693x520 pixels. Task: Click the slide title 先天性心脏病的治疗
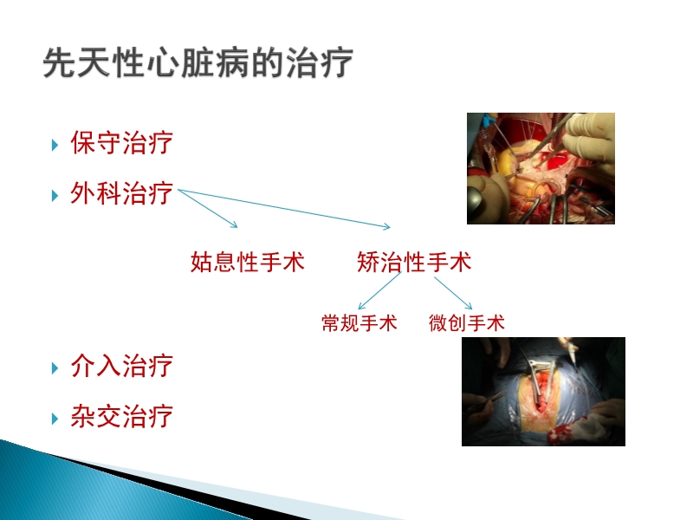click(x=198, y=66)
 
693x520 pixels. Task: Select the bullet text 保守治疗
click(x=121, y=143)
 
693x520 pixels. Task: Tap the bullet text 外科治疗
click(x=121, y=193)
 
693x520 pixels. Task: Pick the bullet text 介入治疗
click(x=121, y=366)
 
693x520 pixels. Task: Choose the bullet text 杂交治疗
click(x=121, y=416)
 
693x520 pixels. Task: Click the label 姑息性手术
click(x=248, y=262)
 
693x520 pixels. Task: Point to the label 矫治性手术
click(x=414, y=262)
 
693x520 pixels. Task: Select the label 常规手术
click(x=359, y=323)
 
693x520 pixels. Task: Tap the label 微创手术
click(x=466, y=323)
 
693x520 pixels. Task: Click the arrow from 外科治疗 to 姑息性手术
click(x=208, y=210)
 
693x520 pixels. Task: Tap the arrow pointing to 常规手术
click(x=379, y=292)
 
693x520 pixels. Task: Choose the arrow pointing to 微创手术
click(x=453, y=292)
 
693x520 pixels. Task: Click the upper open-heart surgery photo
click(x=541, y=168)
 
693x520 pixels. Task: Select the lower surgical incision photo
click(x=543, y=392)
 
